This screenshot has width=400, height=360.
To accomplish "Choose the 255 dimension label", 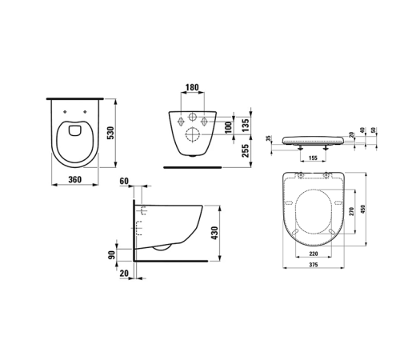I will (x=246, y=150).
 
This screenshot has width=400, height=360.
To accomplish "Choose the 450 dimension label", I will (x=367, y=210).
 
